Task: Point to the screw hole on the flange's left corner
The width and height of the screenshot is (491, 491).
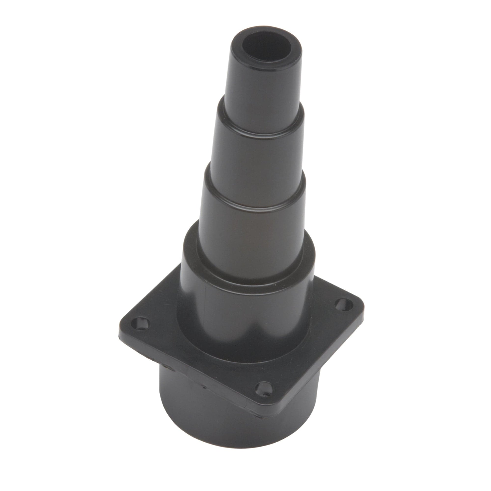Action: click(x=139, y=323)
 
